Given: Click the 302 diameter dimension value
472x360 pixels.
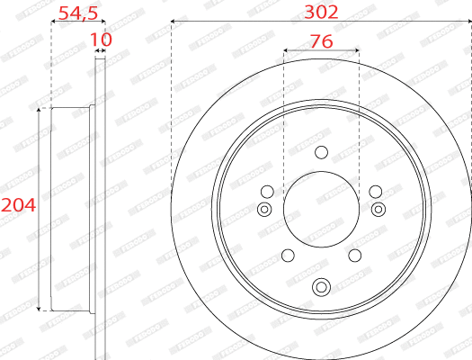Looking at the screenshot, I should tap(322, 12).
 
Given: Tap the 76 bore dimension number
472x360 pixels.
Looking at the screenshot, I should tap(322, 41).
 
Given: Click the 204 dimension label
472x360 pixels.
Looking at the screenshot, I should tap(18, 206).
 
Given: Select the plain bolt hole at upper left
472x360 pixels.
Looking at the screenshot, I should tap(267, 191).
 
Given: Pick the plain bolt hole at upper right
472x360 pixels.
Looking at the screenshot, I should tap(376, 191).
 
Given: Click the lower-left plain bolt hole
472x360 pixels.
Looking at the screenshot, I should tap(288, 255).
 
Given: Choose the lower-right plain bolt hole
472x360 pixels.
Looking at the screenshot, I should tap(355, 255).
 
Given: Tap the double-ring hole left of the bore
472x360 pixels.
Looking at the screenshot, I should tap(264, 210).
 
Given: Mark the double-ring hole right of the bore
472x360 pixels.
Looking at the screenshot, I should tap(378, 210).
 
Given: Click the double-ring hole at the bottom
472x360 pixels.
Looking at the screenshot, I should tap(321, 287).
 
